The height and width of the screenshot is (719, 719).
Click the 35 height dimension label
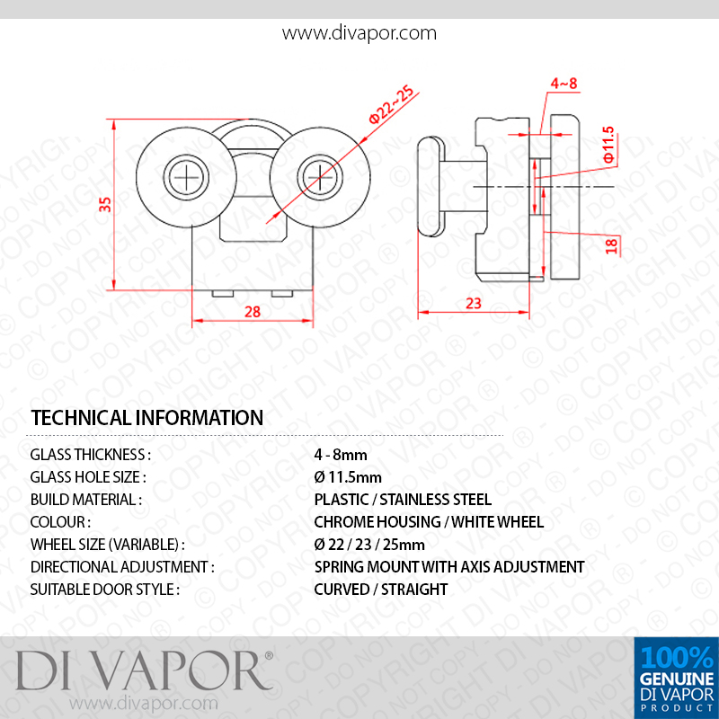tap(105, 204)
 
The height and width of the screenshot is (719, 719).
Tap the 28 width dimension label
tap(253, 312)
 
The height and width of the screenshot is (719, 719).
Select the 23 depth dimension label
tap(474, 303)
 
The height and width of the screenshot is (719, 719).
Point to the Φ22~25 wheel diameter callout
tap(391, 105)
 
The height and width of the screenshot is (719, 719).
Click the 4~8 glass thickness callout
tap(564, 84)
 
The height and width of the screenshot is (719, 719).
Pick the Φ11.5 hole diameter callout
tap(608, 145)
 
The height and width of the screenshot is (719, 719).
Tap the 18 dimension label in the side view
tap(612, 245)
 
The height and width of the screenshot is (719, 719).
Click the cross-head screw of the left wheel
tap(186, 177)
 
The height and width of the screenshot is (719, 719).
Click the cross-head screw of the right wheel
tap(320, 177)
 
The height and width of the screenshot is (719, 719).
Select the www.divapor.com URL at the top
tap(359, 33)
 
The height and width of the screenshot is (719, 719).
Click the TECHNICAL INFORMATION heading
tap(146, 417)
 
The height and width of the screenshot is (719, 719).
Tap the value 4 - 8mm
tap(341, 455)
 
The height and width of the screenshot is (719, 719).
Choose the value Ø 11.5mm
tap(348, 477)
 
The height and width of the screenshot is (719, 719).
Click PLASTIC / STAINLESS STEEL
tap(403, 500)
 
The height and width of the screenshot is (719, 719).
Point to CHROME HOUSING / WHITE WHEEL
tap(429, 522)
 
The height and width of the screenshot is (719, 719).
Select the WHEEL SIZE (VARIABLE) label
tap(107, 545)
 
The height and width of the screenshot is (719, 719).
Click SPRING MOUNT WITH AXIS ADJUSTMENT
tap(449, 567)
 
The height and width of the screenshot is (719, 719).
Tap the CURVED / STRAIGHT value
tap(380, 590)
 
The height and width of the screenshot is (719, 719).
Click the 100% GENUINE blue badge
tap(677, 678)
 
